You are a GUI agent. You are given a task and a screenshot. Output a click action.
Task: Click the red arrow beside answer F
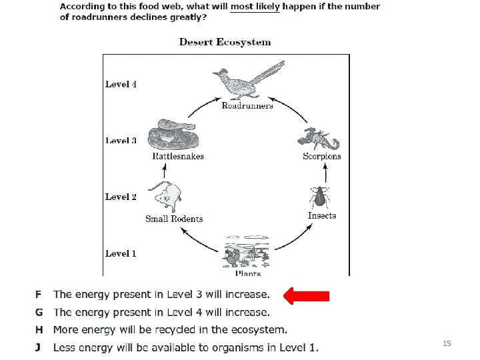(x=306, y=296)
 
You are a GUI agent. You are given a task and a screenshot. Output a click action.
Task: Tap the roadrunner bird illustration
(x=249, y=80)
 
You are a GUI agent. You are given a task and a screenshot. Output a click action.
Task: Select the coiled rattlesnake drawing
(x=173, y=135)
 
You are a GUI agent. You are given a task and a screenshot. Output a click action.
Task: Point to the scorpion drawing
(x=319, y=139)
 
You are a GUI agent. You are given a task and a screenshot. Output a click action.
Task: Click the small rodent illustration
(x=165, y=197)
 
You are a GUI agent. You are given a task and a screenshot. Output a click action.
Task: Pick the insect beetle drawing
(x=319, y=197)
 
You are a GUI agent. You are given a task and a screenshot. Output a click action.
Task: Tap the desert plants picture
(x=247, y=252)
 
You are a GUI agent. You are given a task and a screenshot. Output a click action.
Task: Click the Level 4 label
(x=121, y=84)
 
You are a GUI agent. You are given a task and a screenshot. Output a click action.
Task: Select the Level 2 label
(x=121, y=197)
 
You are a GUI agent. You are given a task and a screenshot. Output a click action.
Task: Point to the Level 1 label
(x=121, y=253)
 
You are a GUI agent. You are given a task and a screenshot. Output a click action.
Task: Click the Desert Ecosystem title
(x=225, y=42)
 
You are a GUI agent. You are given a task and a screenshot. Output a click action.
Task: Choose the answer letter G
(x=39, y=312)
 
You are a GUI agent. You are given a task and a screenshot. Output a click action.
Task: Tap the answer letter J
(x=38, y=348)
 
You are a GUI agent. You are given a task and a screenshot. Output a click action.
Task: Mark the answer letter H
(x=39, y=330)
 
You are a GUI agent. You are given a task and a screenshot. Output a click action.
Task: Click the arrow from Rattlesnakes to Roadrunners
(x=203, y=105)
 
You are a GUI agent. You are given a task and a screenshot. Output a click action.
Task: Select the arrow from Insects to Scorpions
(x=325, y=173)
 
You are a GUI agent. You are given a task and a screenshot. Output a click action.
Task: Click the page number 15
(x=447, y=343)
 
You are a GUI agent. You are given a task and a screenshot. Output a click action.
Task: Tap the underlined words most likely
(x=255, y=7)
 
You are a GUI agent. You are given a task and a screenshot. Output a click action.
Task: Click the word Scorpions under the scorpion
(x=322, y=157)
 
